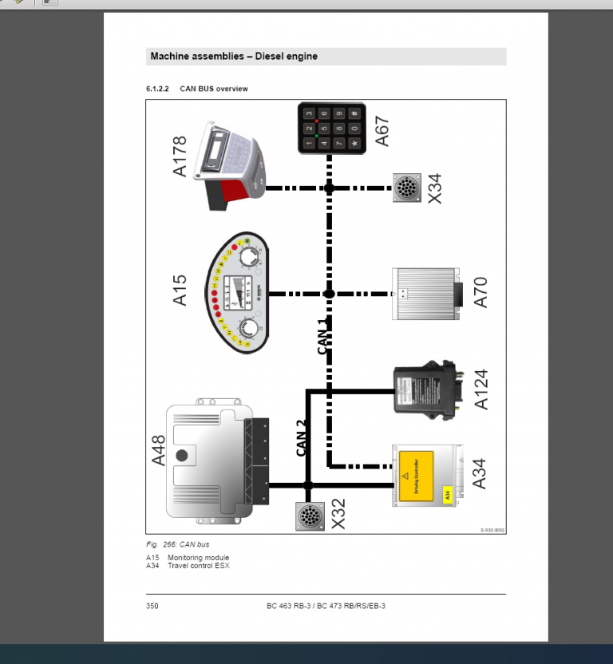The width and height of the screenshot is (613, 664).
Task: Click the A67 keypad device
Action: click(331, 128)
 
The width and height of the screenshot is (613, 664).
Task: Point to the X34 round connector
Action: click(406, 188)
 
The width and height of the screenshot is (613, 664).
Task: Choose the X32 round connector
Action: click(309, 516)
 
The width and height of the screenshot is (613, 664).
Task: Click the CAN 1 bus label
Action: click(323, 336)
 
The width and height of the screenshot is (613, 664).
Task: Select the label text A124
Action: click(481, 389)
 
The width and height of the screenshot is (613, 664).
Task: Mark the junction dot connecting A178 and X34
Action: click(329, 188)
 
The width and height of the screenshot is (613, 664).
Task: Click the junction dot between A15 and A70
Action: click(329, 294)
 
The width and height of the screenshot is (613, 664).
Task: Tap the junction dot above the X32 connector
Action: click(309, 484)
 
